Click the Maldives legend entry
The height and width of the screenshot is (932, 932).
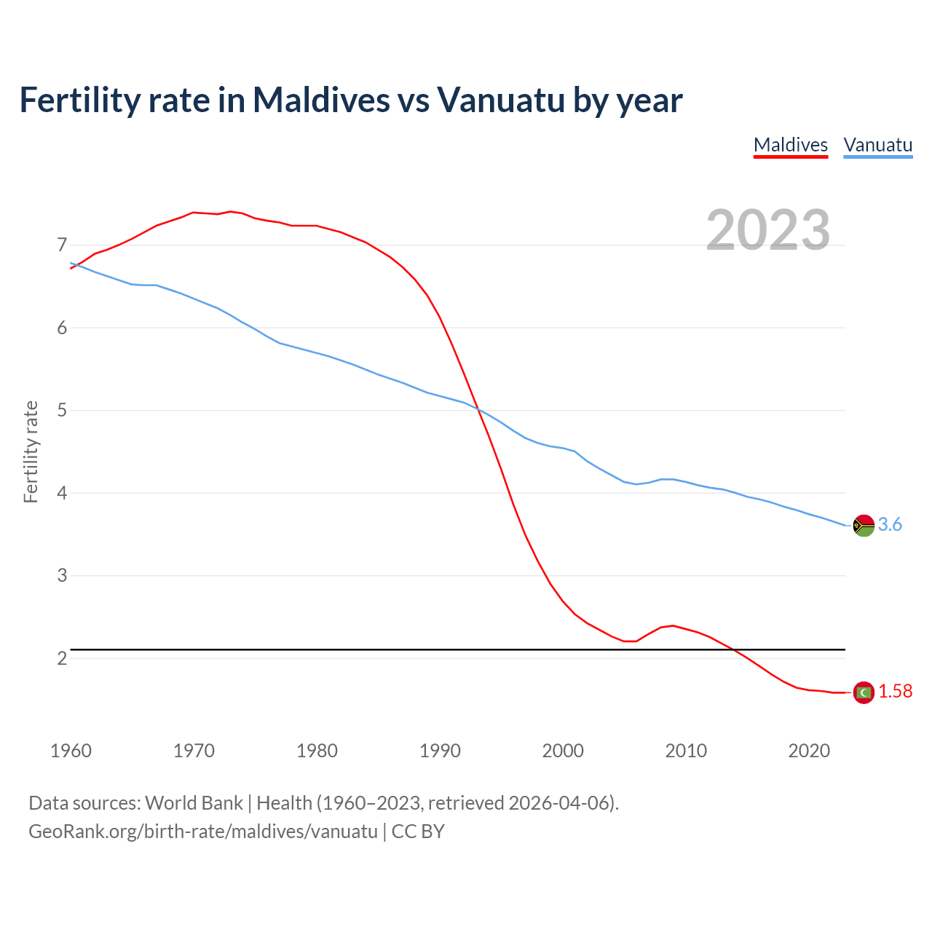coord(790,145)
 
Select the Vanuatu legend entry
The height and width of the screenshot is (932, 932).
coord(877,145)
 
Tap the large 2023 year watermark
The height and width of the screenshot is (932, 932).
coord(768,230)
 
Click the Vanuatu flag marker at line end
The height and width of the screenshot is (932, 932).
coord(864,525)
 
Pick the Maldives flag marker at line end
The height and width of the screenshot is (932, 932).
coord(864,692)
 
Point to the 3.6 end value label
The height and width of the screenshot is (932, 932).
coord(890,525)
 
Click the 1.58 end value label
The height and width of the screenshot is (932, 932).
coord(895,692)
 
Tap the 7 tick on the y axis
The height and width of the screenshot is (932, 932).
coord(62,245)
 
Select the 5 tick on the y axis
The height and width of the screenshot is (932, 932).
coord(62,411)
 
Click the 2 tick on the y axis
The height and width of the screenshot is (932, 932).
coord(62,659)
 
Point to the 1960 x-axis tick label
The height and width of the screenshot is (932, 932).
coord(71,751)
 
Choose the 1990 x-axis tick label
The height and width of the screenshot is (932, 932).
coord(440,751)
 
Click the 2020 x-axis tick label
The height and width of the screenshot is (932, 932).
coord(809,751)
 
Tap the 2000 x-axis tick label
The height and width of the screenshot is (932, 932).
coord(563,751)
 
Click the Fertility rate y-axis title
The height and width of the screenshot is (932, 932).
coord(31,451)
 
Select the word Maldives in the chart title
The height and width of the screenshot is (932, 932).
coord(321,100)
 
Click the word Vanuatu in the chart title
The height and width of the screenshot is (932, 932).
coord(501,100)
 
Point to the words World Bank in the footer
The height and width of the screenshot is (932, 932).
coord(194,803)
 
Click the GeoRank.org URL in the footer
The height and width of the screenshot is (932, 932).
coord(203,832)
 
